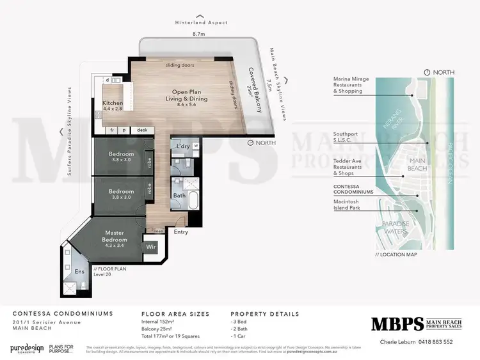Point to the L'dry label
click(x=182, y=146)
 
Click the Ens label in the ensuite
click(x=79, y=272)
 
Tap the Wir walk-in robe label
click(x=152, y=246)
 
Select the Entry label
click(x=181, y=232)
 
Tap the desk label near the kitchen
click(x=141, y=130)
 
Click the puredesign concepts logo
click(x=27, y=349)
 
